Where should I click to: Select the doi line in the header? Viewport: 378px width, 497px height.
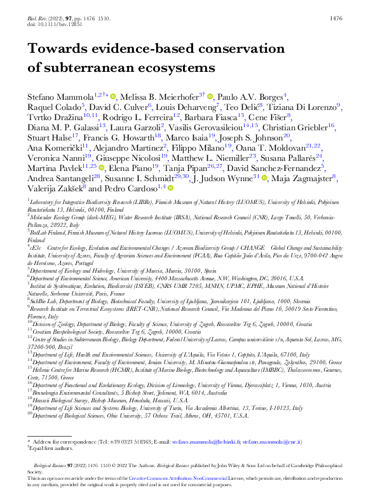coord(55,25)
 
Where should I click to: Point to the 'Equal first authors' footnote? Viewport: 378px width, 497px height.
coord(55,466)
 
